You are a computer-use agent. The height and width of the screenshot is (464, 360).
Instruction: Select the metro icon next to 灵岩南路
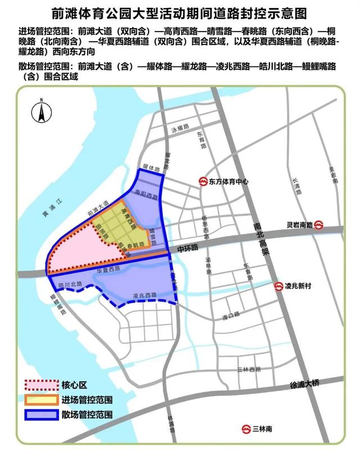coord(318,225)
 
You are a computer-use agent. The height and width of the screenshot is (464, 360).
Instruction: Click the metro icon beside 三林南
coord(246,429)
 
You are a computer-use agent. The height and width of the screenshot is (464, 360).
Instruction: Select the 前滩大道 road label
coord(98,207)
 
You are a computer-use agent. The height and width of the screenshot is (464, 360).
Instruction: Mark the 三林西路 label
coord(248,369)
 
